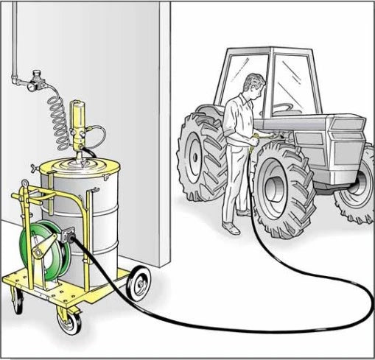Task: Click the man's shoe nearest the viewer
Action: [232, 230]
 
